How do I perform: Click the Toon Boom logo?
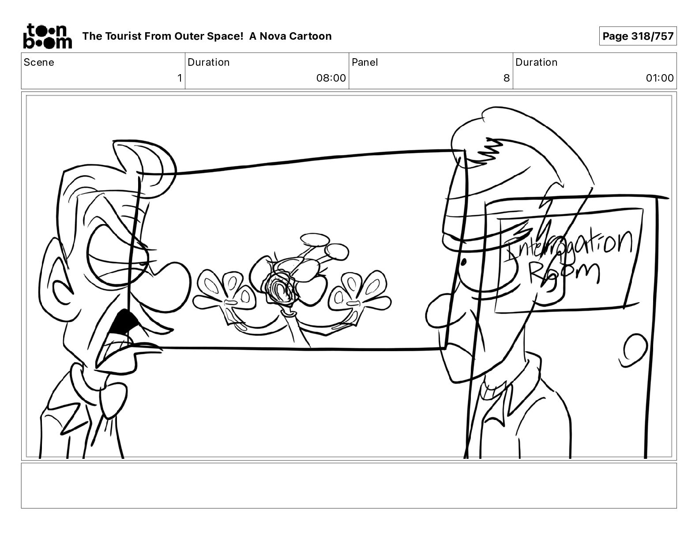48,36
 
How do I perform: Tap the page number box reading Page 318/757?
638,36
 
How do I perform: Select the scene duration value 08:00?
331,78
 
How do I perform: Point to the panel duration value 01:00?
659,78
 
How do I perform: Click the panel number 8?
506,78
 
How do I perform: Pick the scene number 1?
180,78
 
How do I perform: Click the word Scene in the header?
39,62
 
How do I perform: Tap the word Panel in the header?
365,62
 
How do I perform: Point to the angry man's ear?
56,283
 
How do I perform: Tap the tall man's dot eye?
463,262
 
